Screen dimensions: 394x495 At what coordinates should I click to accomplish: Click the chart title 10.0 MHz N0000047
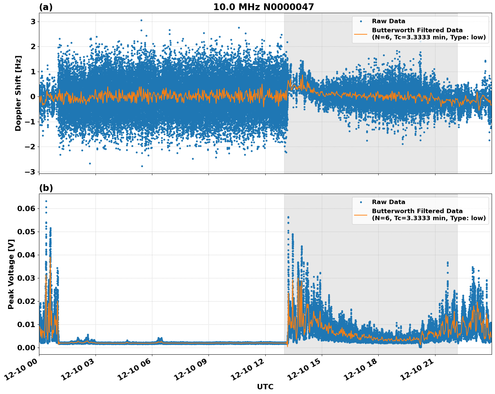[x=263, y=7]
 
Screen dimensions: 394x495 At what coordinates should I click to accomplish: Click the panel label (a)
[x=46, y=7]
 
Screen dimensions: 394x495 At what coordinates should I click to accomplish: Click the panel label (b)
[x=46, y=188]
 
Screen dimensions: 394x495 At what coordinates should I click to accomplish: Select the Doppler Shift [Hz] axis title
[x=18, y=93]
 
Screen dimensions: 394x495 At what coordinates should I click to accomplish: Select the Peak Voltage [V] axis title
[x=11, y=274]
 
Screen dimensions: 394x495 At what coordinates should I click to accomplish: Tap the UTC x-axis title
[x=265, y=387]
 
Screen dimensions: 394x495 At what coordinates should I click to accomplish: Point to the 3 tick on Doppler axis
[x=33, y=22]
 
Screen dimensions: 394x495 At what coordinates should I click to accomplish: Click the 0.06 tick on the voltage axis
[x=26, y=208]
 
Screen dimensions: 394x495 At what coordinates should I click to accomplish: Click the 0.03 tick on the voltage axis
[x=26, y=278]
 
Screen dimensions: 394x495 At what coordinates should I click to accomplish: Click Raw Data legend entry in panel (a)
[x=388, y=21]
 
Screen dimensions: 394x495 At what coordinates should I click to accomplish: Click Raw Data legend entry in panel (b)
[x=388, y=202]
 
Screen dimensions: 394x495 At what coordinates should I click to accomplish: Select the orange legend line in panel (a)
[x=361, y=34]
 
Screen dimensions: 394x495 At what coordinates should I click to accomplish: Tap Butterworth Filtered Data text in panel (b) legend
[x=417, y=211]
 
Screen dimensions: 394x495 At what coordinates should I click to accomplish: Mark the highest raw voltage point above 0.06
[x=46, y=201]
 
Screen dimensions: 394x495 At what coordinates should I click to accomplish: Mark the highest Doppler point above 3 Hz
[x=141, y=20]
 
